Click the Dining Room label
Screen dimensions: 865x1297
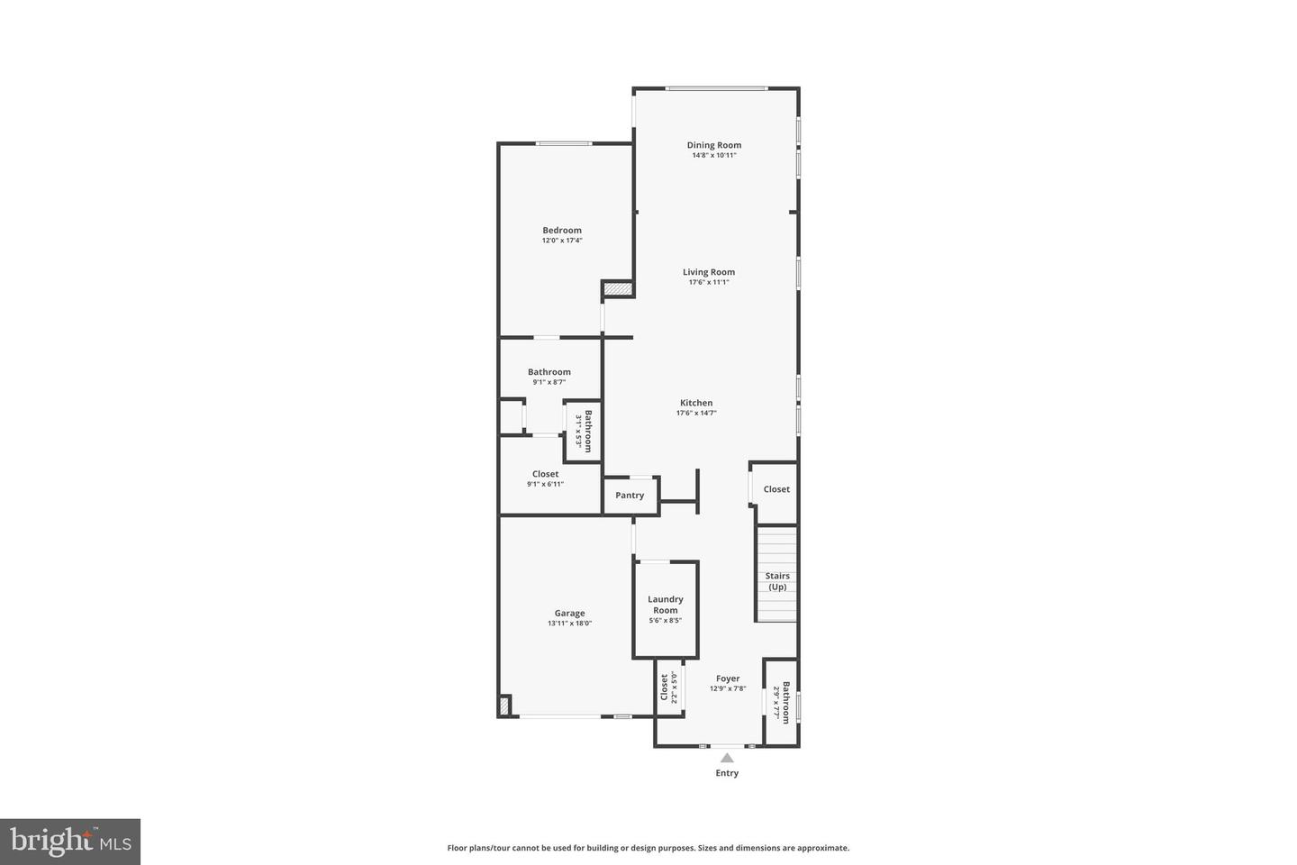[713, 145]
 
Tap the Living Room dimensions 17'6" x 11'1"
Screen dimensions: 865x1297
[709, 282]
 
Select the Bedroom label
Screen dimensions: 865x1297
[562, 230]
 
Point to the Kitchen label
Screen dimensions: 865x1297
[696, 403]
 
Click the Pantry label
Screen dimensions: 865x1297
[630, 496]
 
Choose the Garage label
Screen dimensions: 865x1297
[569, 613]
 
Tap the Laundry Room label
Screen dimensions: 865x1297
[666, 605]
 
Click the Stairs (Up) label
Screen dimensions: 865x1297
[777, 581]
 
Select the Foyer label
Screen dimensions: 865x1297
[728, 678]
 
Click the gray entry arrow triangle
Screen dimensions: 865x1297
[727, 758]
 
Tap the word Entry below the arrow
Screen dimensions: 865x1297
[727, 773]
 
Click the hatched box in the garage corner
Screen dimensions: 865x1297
[505, 706]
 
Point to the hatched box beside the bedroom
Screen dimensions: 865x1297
[617, 289]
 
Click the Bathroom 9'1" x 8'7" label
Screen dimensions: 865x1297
[549, 372]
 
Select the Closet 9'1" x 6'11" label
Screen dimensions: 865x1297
[545, 474]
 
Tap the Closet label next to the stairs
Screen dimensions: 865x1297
[776, 489]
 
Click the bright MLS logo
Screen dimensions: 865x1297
[70, 842]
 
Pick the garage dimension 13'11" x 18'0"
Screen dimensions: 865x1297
[569, 624]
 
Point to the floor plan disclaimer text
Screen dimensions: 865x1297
[648, 848]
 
